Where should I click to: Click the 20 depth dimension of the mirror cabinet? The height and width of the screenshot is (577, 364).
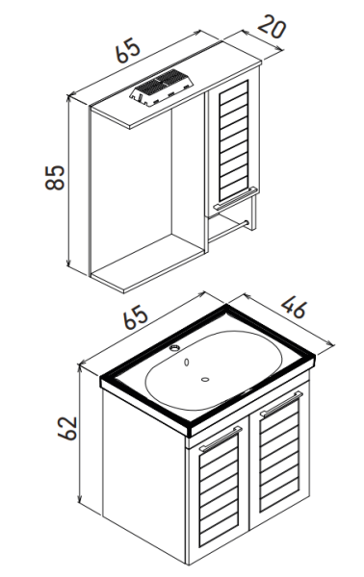(272, 28)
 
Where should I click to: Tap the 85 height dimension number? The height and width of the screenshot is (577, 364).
(55, 178)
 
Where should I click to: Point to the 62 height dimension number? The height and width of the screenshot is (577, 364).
(67, 428)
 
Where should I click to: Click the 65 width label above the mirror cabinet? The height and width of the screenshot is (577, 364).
(128, 50)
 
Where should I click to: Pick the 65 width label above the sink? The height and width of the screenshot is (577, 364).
(135, 317)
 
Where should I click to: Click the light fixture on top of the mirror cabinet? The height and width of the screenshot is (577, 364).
(162, 88)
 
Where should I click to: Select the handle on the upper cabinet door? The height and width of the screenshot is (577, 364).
(235, 198)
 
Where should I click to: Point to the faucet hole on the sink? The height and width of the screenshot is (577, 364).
(174, 347)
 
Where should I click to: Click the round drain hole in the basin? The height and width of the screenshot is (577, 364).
(205, 379)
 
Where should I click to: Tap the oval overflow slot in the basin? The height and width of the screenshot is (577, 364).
(187, 363)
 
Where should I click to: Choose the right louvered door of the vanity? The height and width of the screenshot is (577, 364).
(279, 454)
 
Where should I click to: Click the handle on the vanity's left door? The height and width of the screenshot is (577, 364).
(221, 438)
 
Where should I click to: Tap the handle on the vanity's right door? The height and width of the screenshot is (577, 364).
(281, 404)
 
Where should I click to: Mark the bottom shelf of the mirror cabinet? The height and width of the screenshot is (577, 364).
(147, 263)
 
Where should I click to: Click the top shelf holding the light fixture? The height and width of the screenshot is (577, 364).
(175, 95)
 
